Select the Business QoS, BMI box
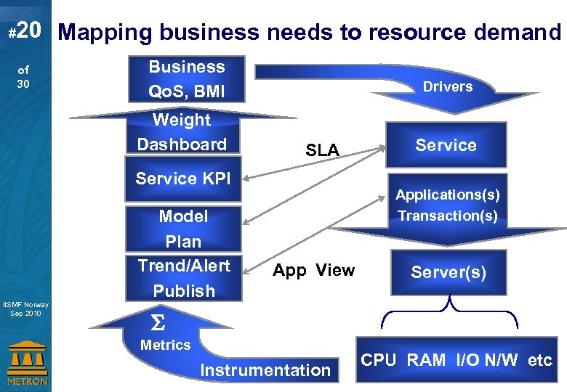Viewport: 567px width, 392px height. (187, 79)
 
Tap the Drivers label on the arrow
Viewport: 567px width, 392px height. (448, 86)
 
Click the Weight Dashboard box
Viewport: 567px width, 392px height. (182, 132)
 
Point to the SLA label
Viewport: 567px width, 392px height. (322, 150)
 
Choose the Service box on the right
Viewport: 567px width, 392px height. (446, 145)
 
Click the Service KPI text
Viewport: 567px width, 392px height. (182, 178)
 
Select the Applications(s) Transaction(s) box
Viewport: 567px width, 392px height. (447, 205)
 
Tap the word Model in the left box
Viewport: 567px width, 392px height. (183, 216)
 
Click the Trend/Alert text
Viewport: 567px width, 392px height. (184, 266)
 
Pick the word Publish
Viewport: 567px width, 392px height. (184, 290)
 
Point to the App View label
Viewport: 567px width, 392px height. (313, 271)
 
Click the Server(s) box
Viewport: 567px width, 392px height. (448, 272)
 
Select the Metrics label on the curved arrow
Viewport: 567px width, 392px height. (165, 346)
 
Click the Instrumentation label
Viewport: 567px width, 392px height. (265, 370)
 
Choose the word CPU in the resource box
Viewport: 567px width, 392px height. (379, 360)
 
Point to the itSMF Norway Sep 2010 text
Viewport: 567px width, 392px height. (26, 309)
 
